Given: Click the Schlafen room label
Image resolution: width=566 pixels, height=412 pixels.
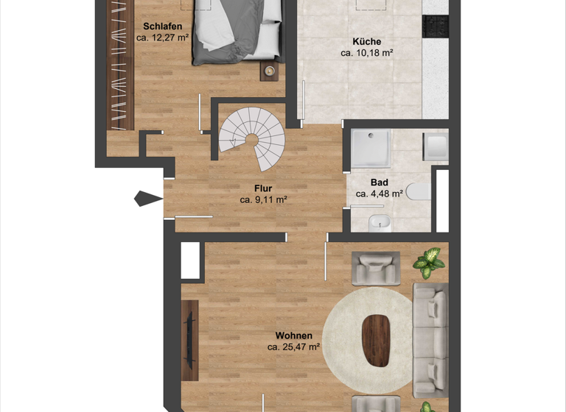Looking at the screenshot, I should click(x=163, y=26).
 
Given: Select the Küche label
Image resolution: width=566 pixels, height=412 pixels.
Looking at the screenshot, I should click(x=366, y=42).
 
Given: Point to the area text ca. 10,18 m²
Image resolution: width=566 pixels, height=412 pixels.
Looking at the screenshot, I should click(x=366, y=53).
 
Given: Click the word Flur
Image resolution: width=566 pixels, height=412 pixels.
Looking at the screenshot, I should click(x=263, y=188).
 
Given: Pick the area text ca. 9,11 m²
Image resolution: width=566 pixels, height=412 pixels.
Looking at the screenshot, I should click(x=263, y=199).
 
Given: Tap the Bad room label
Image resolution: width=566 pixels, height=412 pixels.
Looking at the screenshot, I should click(x=380, y=182).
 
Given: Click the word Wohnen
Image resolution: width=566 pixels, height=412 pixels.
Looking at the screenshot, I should click(x=294, y=335).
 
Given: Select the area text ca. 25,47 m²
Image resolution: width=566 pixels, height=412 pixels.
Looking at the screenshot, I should click(x=293, y=347).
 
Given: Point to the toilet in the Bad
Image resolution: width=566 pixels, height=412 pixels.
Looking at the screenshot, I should click(x=418, y=193).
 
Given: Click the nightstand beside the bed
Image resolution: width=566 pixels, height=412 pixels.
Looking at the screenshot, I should click(x=269, y=71).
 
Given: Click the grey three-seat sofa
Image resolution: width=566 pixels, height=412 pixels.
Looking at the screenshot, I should click(x=430, y=340).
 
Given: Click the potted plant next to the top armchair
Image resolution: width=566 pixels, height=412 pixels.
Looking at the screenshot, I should click(x=428, y=260).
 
